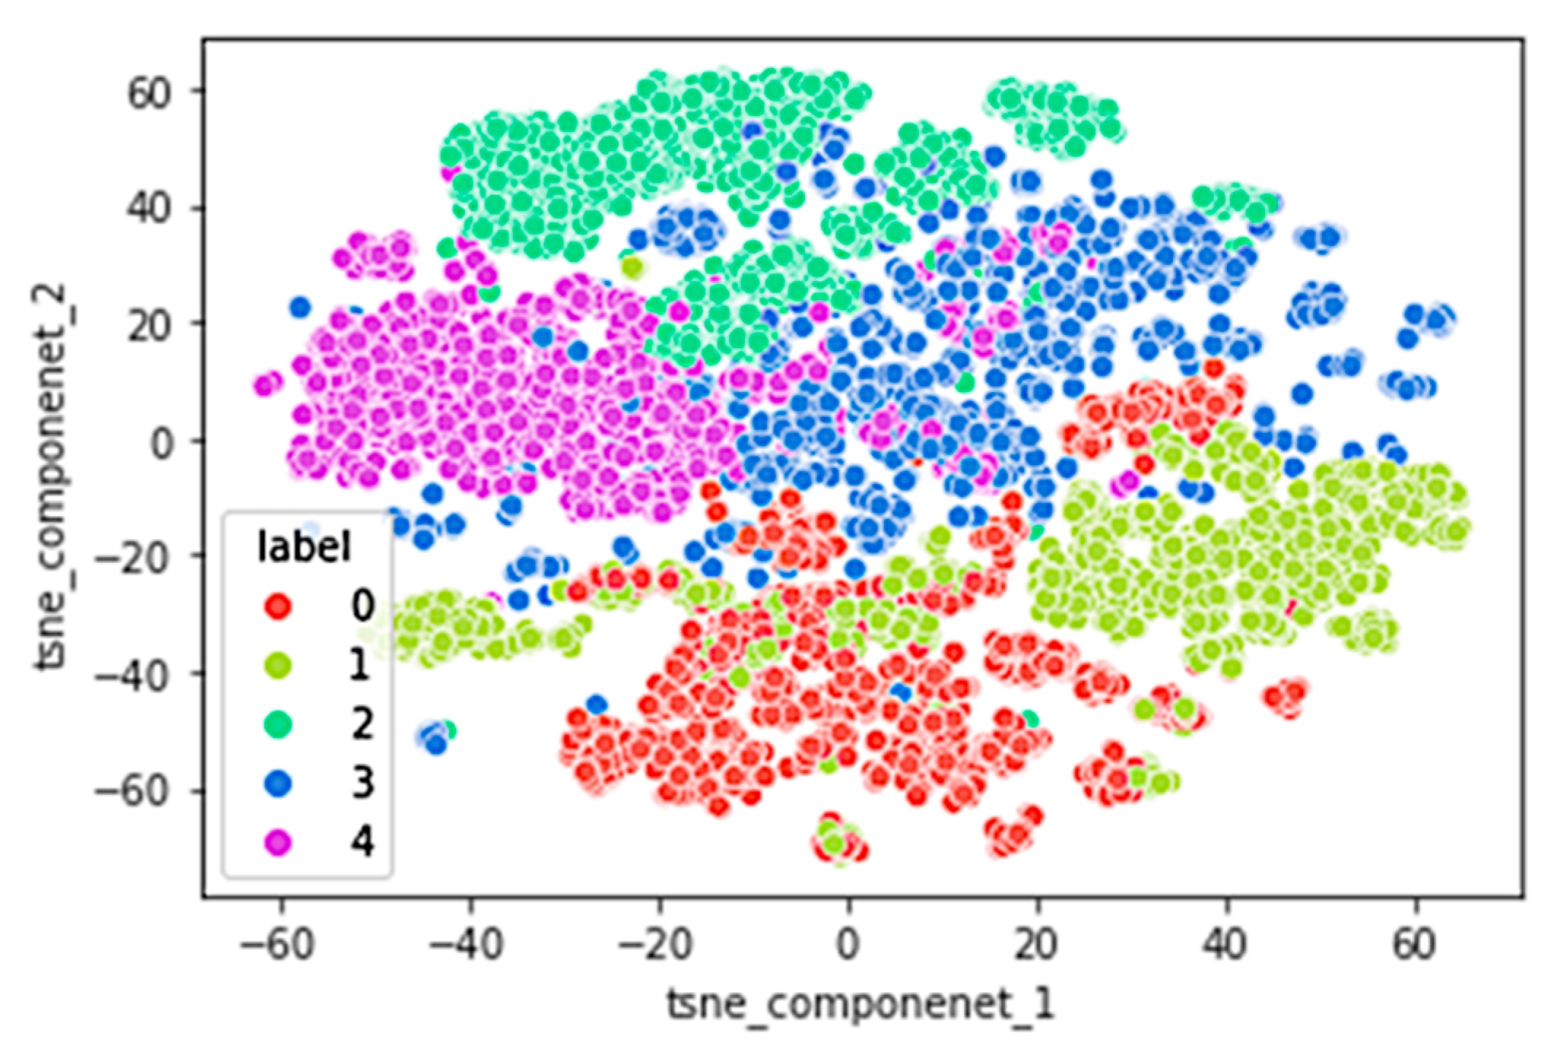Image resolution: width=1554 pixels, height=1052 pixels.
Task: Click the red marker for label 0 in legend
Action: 278,607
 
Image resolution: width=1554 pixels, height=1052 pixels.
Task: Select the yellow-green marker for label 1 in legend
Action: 278,665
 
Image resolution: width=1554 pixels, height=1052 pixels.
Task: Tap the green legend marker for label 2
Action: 278,724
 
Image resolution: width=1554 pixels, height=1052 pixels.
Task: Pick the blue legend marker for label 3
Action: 278,783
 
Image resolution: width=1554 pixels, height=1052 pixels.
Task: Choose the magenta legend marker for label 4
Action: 278,842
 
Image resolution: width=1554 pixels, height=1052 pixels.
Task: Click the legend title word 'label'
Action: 304,547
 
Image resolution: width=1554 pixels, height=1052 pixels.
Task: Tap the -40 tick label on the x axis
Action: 466,944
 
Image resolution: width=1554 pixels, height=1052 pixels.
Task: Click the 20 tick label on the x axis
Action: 1036,944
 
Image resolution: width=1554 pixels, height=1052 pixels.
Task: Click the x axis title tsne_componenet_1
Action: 861,1004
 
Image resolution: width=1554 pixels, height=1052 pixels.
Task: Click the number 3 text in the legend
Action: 362,783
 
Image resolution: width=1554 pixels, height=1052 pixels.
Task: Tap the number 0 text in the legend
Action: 362,606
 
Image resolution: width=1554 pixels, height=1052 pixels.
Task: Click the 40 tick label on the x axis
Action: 1226,944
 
